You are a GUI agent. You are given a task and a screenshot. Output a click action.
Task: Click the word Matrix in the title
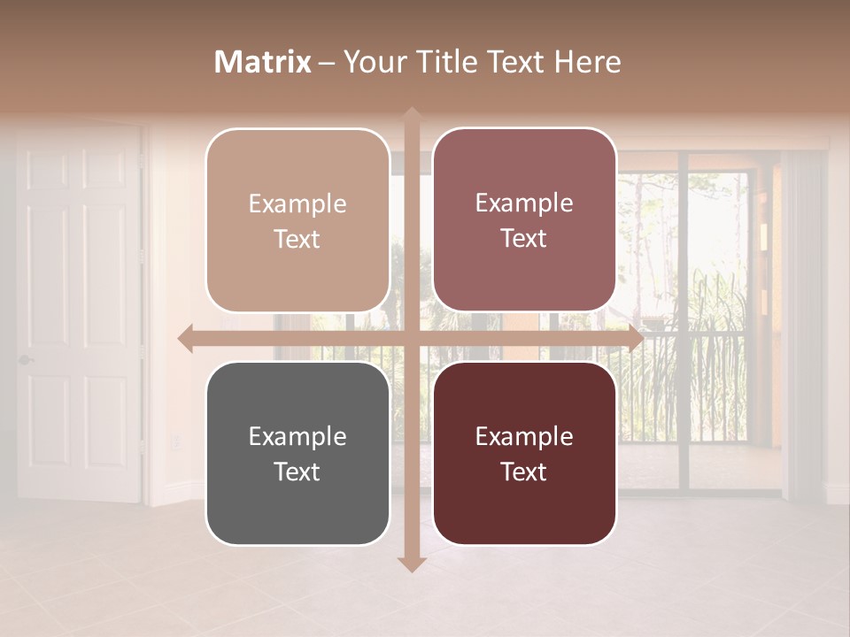pos(263,62)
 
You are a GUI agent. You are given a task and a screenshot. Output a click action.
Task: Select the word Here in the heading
pos(588,62)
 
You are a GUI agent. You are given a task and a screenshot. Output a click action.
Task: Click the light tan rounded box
pos(297,220)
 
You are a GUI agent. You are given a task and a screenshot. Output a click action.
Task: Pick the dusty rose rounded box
pos(524,220)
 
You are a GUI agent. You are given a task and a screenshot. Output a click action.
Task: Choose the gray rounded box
pos(297,453)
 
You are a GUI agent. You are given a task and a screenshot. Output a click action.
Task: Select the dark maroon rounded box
pos(524,453)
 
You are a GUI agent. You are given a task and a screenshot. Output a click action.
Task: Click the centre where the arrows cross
pos(411,339)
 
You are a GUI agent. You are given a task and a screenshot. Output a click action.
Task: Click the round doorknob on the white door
pos(25,360)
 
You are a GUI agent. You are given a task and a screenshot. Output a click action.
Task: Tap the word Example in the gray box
pos(297,436)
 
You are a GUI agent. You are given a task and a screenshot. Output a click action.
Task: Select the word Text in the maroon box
pos(524,472)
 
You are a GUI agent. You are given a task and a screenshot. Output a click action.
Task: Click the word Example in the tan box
pos(297,203)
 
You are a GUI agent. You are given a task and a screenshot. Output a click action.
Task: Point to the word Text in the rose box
pos(524,238)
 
